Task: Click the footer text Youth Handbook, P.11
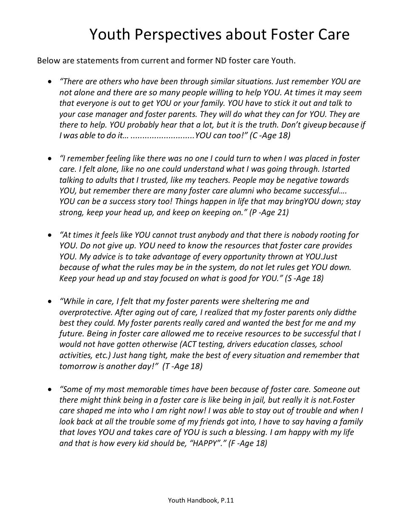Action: point(201,500)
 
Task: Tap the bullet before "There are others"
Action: point(50,81)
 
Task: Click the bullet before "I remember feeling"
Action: point(50,158)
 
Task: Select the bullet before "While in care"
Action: point(50,301)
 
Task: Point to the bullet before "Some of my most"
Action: point(50,389)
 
